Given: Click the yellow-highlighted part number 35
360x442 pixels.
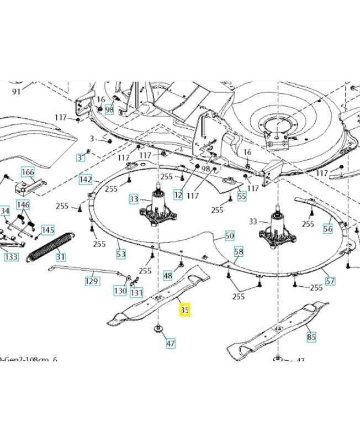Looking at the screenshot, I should (184, 311).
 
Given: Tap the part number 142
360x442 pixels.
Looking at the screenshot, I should (86, 180).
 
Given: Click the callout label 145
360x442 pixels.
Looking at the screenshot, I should (47, 230).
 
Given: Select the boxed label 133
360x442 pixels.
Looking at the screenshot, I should (11, 257).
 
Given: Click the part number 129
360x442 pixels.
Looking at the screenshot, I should (92, 282).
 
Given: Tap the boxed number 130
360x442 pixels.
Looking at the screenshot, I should (120, 291).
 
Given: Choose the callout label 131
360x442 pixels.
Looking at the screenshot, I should (136, 293).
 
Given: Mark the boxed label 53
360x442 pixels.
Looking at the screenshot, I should (121, 254).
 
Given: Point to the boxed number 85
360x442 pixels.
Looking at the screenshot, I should (311, 335).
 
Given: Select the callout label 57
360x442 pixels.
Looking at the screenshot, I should (330, 281).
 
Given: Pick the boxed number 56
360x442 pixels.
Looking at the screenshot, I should (328, 229).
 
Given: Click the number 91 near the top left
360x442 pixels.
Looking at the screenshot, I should (16, 92).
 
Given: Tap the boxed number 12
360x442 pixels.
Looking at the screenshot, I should (178, 194).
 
